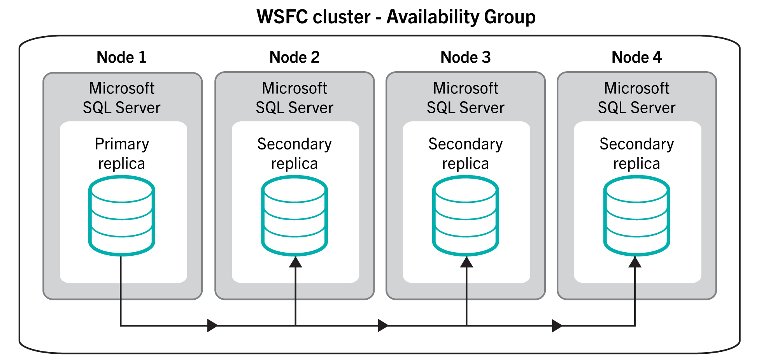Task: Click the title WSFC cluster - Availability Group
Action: pos(396,17)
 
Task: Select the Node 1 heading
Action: pos(121,58)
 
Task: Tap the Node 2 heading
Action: pos(294,58)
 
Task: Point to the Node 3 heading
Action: pos(466,58)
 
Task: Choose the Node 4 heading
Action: pos(637,58)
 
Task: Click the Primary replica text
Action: pos(122,154)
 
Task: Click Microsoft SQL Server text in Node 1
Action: pos(122,98)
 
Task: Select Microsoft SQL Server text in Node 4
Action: pos(637,98)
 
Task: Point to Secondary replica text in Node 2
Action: pos(294,154)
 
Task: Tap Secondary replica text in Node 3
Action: pos(466,154)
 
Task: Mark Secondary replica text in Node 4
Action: pos(637,154)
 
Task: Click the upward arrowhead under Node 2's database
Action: pos(296,262)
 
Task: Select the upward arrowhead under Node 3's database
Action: pos(466,262)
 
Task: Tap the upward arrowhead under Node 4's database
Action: pos(635,262)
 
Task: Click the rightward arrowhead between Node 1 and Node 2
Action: pos(212,325)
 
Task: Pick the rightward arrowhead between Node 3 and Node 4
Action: pos(557,325)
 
